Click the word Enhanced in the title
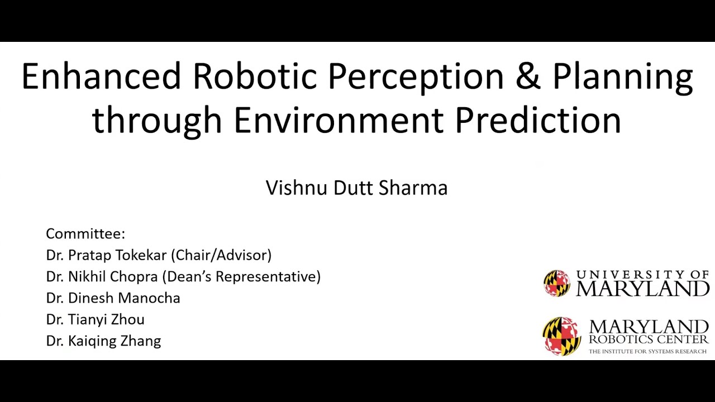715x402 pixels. [x=101, y=76]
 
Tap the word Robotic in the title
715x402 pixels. [x=255, y=76]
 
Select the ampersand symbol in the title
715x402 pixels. [x=528, y=76]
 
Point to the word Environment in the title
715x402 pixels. [x=338, y=120]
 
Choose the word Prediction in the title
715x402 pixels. [x=537, y=120]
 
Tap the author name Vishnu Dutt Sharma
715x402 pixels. [x=356, y=188]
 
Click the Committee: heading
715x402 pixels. [x=85, y=233]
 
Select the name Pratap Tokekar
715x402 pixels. [x=117, y=255]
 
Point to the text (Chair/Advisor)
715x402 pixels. [x=221, y=255]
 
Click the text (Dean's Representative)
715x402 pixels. [x=241, y=276]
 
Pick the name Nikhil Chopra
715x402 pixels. [x=113, y=276]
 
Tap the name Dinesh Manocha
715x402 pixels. [x=124, y=298]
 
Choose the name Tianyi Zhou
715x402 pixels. [x=106, y=319]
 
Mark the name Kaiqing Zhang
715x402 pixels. [x=115, y=341]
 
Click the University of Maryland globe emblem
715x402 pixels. [x=557, y=283]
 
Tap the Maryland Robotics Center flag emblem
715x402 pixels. [x=562, y=336]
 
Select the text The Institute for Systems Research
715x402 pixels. [x=647, y=351]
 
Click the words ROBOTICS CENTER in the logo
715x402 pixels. [x=648, y=339]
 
